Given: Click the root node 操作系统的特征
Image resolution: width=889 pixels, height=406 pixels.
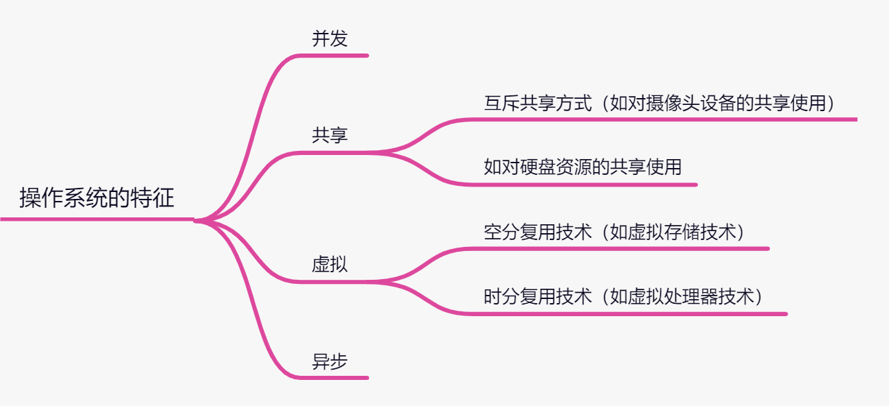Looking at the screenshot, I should tap(97, 198).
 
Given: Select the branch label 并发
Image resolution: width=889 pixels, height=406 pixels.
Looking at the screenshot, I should tap(329, 39).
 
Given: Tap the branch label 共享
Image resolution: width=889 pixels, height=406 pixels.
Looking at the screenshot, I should tap(329, 135).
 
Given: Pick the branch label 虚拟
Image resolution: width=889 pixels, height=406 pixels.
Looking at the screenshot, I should tap(329, 264).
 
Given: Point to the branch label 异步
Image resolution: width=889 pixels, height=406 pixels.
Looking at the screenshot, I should tap(329, 361).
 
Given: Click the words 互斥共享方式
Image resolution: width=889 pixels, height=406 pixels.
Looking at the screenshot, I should tap(538, 104).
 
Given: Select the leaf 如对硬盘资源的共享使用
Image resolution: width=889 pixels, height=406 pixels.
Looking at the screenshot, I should tap(583, 167).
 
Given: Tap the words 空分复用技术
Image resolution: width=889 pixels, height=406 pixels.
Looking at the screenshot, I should tap(538, 232).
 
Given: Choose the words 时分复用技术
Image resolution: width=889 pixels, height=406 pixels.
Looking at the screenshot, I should tap(538, 297).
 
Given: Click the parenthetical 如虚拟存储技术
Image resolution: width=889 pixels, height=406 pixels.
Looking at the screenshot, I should tap(677, 232).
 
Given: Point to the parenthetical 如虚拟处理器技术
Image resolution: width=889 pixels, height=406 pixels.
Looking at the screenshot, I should tap(686, 297).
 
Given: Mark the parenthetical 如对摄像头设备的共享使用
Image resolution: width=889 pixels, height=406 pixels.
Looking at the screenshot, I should tap(722, 104).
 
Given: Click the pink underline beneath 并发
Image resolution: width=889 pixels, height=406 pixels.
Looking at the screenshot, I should tap(336, 55).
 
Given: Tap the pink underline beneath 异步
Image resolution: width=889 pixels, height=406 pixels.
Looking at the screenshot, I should tap(336, 377).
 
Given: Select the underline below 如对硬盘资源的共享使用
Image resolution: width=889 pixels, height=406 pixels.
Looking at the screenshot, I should tap(582, 184).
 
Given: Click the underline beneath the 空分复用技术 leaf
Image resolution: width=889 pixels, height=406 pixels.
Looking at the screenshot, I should tap(616, 248).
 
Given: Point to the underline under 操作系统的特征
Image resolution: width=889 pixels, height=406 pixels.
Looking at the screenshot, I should tap(96, 219).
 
